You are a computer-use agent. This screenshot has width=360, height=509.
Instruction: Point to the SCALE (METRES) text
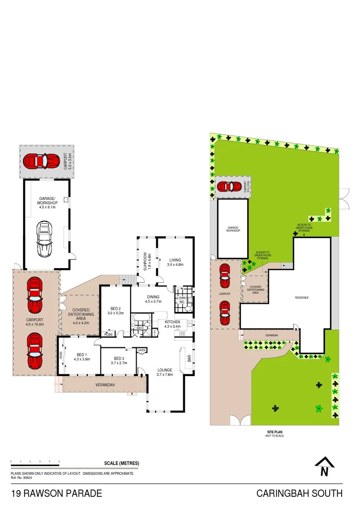pos(122,463)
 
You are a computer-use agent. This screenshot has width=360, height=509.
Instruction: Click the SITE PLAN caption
pos(274,432)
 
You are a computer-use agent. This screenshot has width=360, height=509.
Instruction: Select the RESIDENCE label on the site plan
pos(302,298)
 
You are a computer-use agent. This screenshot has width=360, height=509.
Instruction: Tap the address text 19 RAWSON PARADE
pos(56,494)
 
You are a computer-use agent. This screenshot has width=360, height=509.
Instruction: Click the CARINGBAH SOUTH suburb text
pos(299,494)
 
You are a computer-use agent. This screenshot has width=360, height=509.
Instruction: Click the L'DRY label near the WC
pos(180,300)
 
